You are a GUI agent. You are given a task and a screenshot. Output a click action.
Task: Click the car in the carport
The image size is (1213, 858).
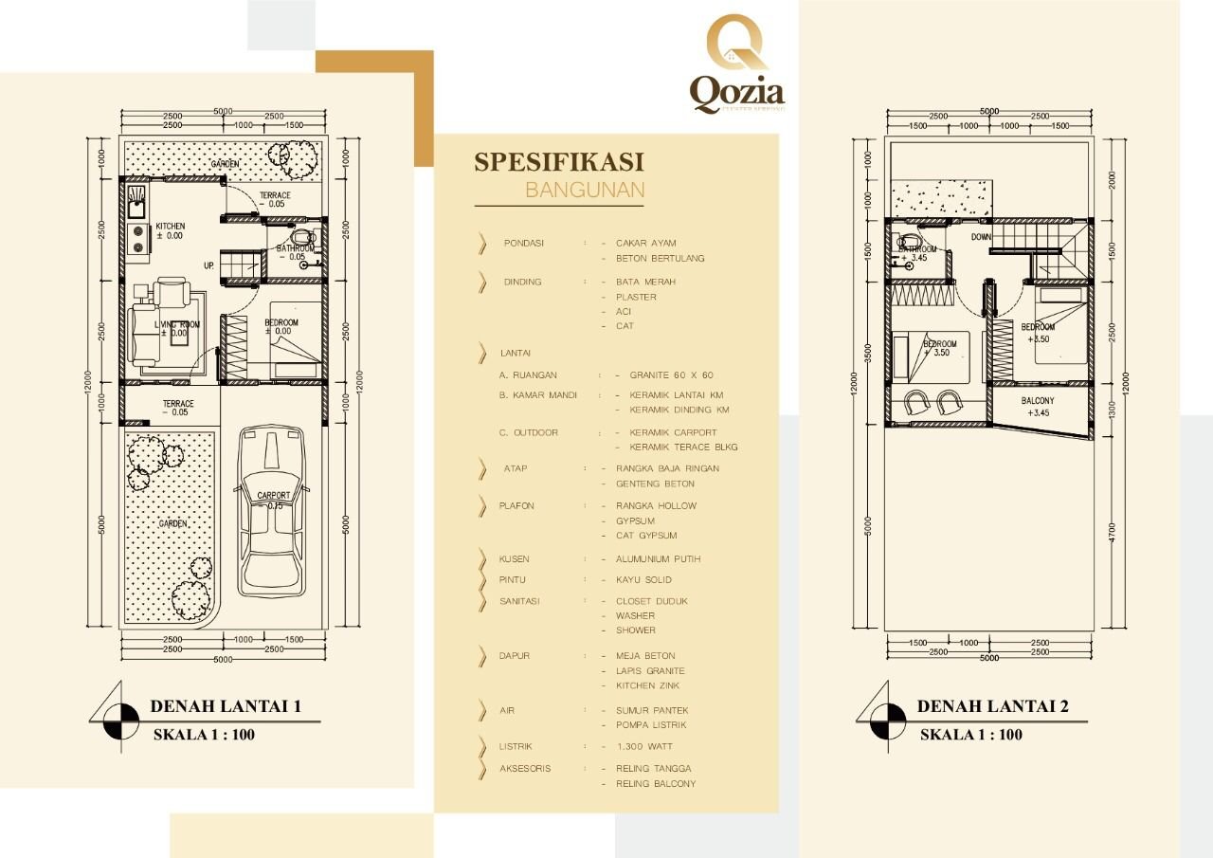click(274, 512)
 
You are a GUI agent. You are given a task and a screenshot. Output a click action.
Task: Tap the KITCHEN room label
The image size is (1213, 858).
click(170, 226)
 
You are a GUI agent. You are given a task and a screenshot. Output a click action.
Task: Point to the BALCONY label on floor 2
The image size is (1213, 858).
click(1038, 401)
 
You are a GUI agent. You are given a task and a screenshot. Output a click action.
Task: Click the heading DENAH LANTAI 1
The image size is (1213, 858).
click(225, 706)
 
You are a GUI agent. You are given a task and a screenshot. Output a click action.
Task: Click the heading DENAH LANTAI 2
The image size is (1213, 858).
click(992, 706)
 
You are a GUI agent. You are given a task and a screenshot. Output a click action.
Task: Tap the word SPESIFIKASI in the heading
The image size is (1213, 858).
click(558, 161)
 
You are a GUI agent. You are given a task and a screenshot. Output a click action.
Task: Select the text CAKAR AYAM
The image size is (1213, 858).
click(645, 243)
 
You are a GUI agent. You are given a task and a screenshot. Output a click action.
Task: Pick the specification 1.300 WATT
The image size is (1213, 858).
click(643, 747)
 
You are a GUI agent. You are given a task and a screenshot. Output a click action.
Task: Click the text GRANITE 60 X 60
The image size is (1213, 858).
click(671, 375)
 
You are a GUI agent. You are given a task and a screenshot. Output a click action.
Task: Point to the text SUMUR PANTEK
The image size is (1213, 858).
click(652, 710)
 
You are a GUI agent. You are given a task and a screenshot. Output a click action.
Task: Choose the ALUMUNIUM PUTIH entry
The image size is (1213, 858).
click(658, 559)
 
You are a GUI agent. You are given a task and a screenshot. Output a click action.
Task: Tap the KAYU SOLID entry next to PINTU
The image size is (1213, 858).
click(643, 579)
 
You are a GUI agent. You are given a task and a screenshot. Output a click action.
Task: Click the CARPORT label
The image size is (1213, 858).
click(274, 496)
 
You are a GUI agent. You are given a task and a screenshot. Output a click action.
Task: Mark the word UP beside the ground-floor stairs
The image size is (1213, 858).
click(208, 265)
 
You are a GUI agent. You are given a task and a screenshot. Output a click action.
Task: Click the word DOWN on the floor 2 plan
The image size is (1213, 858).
click(981, 237)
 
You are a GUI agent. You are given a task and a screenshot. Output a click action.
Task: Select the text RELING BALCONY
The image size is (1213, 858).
click(655, 784)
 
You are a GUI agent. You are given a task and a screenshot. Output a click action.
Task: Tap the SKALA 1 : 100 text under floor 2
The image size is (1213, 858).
click(971, 735)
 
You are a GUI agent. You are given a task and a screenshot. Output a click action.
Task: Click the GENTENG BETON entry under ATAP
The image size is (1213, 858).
click(655, 484)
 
